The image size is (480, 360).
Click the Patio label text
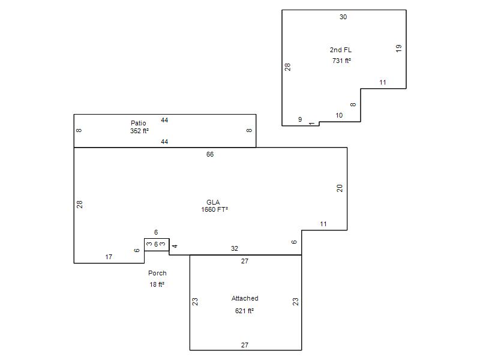point(139,123)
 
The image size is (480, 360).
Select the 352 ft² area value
point(139,131)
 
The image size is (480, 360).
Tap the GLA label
point(213,202)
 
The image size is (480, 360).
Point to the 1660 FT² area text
point(214,209)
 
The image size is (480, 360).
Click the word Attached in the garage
point(245,298)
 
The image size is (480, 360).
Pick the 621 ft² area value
point(244,311)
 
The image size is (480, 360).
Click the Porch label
point(157,273)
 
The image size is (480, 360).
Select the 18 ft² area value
point(157,284)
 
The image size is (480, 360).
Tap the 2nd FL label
point(341,50)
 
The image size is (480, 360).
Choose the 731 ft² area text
point(341,61)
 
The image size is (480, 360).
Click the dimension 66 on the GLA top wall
point(210,154)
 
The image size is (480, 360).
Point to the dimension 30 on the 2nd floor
point(343,17)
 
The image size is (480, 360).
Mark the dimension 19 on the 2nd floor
point(398,49)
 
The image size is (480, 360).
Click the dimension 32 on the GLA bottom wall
point(235,248)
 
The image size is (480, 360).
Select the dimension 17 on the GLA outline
point(109,257)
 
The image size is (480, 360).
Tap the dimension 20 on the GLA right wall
point(340,188)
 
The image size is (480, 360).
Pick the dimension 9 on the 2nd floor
point(300,119)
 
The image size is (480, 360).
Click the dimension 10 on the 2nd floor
point(339,115)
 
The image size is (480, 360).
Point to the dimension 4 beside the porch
point(175,246)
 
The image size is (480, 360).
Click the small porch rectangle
point(157,239)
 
